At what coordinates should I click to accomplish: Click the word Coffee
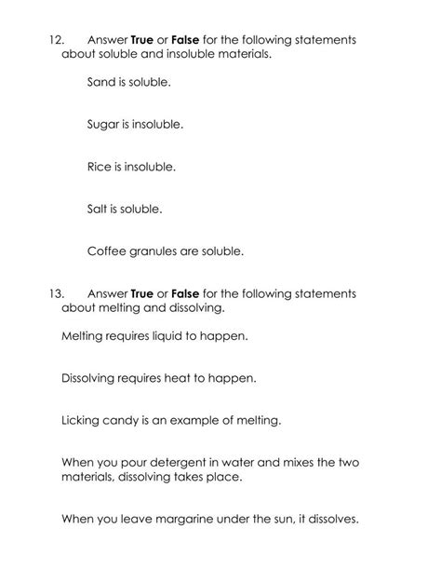tap(107, 251)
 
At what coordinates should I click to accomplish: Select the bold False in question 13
tap(186, 293)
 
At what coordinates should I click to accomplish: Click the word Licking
tap(81, 420)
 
